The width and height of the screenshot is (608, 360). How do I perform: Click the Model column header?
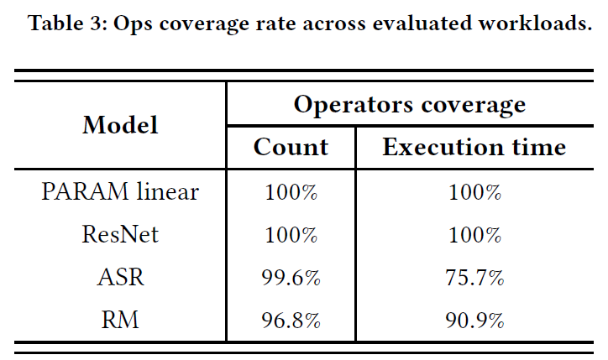tap(120, 125)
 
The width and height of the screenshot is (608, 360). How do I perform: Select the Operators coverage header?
tap(410, 105)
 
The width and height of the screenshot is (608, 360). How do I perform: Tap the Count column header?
tap(291, 147)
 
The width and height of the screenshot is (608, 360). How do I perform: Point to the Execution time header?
tap(474, 147)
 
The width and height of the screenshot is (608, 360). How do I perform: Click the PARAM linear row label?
tap(120, 191)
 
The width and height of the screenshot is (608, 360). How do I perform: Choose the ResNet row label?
tap(120, 234)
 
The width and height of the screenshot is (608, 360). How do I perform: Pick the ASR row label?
tap(120, 277)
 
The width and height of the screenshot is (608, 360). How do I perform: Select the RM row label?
tap(120, 320)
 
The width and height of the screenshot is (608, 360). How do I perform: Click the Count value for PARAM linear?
tap(291, 192)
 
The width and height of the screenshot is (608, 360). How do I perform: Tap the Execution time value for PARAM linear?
tap(474, 192)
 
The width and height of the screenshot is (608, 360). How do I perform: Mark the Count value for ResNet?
tap(291, 234)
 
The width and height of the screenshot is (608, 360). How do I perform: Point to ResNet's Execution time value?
tap(474, 234)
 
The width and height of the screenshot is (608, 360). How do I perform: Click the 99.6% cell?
tap(291, 278)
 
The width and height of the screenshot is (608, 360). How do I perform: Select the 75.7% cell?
tap(474, 278)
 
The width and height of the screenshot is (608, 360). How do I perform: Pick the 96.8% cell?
tap(291, 320)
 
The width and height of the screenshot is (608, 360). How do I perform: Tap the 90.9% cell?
tap(474, 320)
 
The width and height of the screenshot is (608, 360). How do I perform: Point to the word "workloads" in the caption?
tap(535, 23)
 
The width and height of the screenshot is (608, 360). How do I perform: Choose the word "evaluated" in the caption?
tap(421, 23)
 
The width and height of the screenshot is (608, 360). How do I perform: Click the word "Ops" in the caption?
tap(132, 24)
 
